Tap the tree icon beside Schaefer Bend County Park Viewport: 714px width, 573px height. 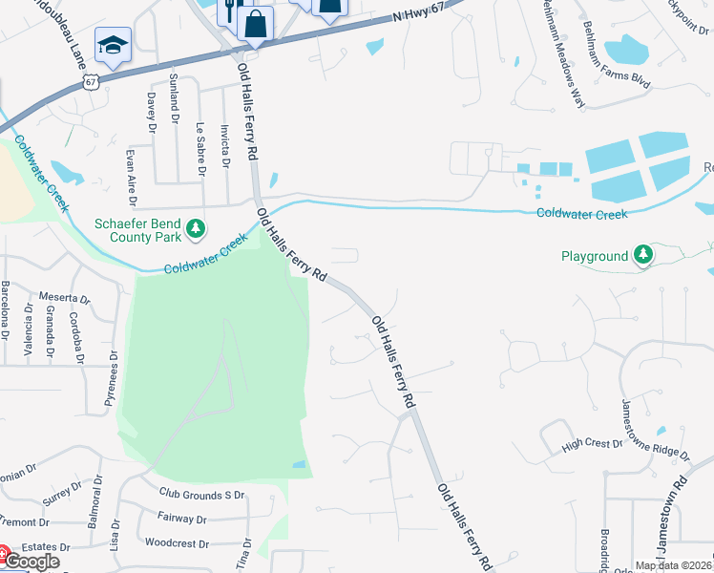pos(196,227)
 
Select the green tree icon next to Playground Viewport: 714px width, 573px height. pos(644,255)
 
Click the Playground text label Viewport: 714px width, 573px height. pos(594,256)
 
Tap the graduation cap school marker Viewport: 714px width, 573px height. pos(113,45)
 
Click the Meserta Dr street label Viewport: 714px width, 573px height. pos(64,298)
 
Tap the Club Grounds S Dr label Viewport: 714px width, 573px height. pos(201,495)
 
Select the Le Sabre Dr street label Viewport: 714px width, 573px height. pos(200,148)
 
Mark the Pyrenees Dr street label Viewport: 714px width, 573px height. pos(113,378)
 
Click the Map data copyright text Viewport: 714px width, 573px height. pos(674,565)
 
